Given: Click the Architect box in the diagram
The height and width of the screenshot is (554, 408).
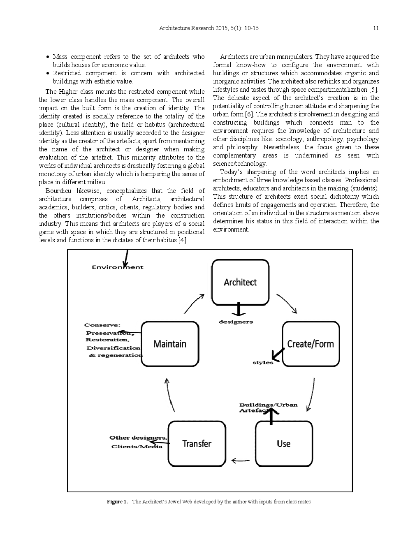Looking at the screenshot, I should coord(240,282).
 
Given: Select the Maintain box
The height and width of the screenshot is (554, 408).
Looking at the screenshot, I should coord(170,344).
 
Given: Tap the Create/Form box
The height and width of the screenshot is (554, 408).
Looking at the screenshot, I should coord(311,344).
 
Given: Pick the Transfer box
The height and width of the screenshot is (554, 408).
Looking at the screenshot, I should coord(197,443).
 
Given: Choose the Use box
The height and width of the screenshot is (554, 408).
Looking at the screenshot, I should coord(283,443).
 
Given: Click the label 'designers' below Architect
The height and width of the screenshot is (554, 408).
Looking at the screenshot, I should coord(236,322).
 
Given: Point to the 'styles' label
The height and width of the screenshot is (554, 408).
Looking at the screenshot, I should coord(263,362).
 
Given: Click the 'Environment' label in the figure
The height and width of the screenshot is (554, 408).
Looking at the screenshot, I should coord(117,267).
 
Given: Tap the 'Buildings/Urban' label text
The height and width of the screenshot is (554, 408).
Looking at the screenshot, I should coord(268,405).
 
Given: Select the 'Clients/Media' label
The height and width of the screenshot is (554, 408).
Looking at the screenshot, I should coord(137,447).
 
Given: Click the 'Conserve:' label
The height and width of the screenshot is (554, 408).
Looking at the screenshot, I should coord(102,325).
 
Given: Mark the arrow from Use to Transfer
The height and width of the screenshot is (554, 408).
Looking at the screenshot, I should coord(241,460).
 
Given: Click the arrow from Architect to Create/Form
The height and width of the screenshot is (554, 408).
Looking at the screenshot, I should coord(287,303).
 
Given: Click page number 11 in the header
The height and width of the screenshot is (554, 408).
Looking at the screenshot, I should coord(375,28).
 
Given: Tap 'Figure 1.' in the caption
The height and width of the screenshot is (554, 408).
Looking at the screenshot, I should coord(117,502).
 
